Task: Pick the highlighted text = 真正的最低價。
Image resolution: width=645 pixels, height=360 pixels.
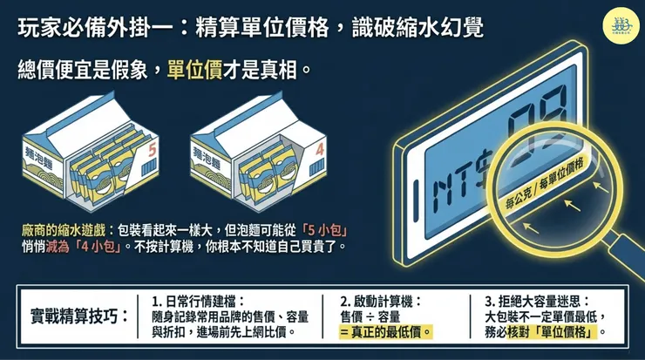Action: coord(386,332)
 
